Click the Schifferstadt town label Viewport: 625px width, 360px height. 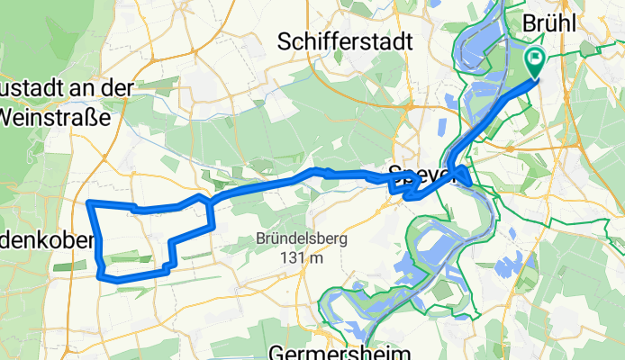346,41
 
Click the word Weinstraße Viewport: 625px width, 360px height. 55,116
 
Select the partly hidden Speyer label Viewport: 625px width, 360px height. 417,175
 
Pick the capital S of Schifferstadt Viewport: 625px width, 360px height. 286,41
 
